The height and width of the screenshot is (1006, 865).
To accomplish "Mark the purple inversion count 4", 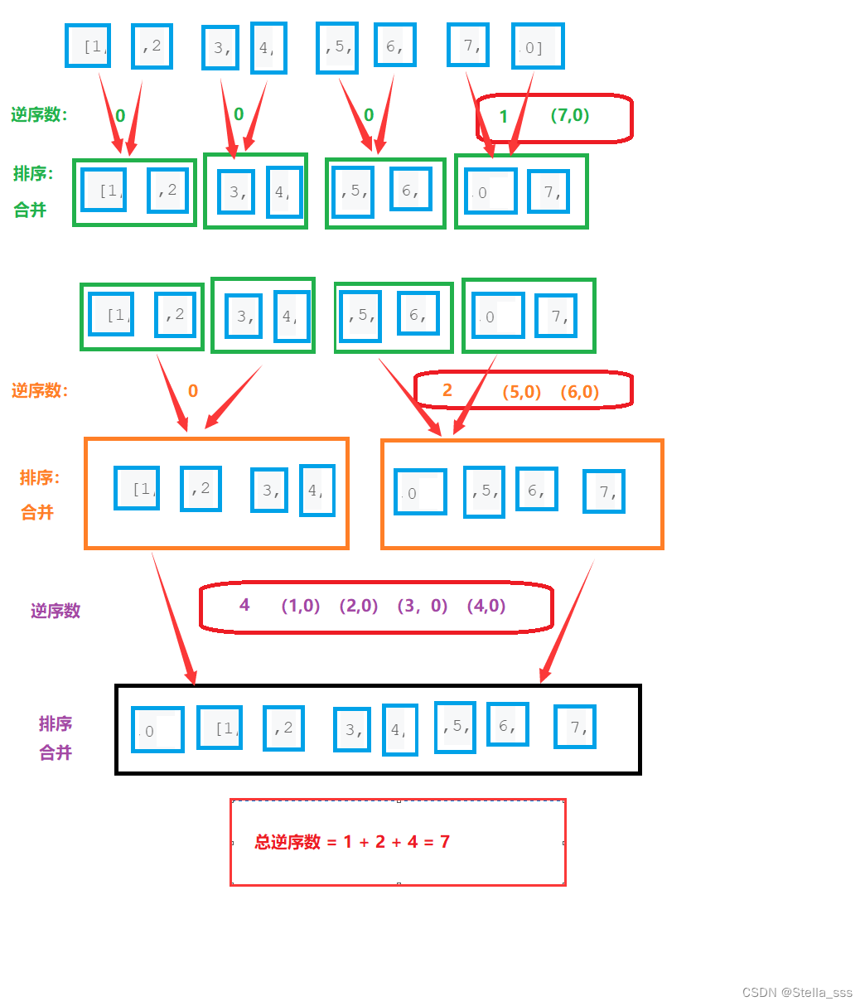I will point(244,605).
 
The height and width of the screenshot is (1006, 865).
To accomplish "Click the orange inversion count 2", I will point(447,390).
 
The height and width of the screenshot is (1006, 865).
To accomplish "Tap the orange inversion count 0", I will point(193,391).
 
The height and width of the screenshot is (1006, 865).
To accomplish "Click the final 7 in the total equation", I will point(445,842).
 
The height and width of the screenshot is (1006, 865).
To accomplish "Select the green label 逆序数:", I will point(39,115).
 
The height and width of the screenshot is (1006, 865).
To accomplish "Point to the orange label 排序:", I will point(40,478).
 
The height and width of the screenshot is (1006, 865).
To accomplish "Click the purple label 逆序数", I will point(56,611).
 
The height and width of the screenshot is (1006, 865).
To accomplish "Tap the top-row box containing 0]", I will point(538,46).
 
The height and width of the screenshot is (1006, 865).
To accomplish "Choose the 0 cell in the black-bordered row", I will point(157,730).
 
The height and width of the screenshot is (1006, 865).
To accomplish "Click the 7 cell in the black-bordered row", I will point(575,727).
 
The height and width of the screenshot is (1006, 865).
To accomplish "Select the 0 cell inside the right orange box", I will point(420,492).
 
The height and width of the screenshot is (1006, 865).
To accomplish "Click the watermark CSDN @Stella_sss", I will point(797,993).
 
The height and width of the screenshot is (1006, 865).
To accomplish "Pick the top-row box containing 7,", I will point(468,44).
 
